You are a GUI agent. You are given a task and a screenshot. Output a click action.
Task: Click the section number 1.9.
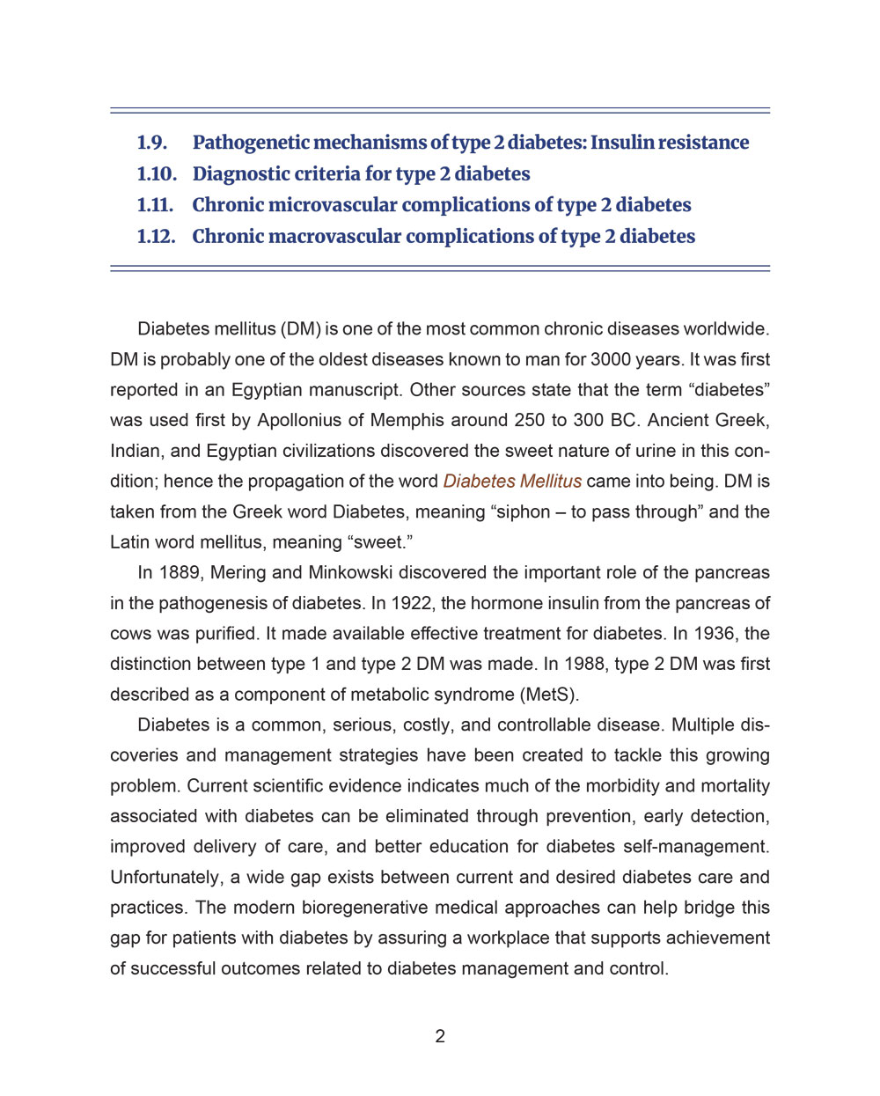(152, 143)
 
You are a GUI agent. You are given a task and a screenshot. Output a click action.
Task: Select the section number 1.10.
(157, 174)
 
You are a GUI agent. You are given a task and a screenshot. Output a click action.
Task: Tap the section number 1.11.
(155, 205)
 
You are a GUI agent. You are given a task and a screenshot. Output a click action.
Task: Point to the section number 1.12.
(156, 237)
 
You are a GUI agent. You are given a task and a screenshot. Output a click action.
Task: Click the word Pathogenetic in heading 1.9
(251, 143)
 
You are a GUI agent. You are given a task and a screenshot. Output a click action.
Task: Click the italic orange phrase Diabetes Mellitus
(512, 482)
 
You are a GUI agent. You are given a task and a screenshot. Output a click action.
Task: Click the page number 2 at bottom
(440, 1037)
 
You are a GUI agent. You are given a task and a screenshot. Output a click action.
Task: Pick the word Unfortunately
(165, 878)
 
